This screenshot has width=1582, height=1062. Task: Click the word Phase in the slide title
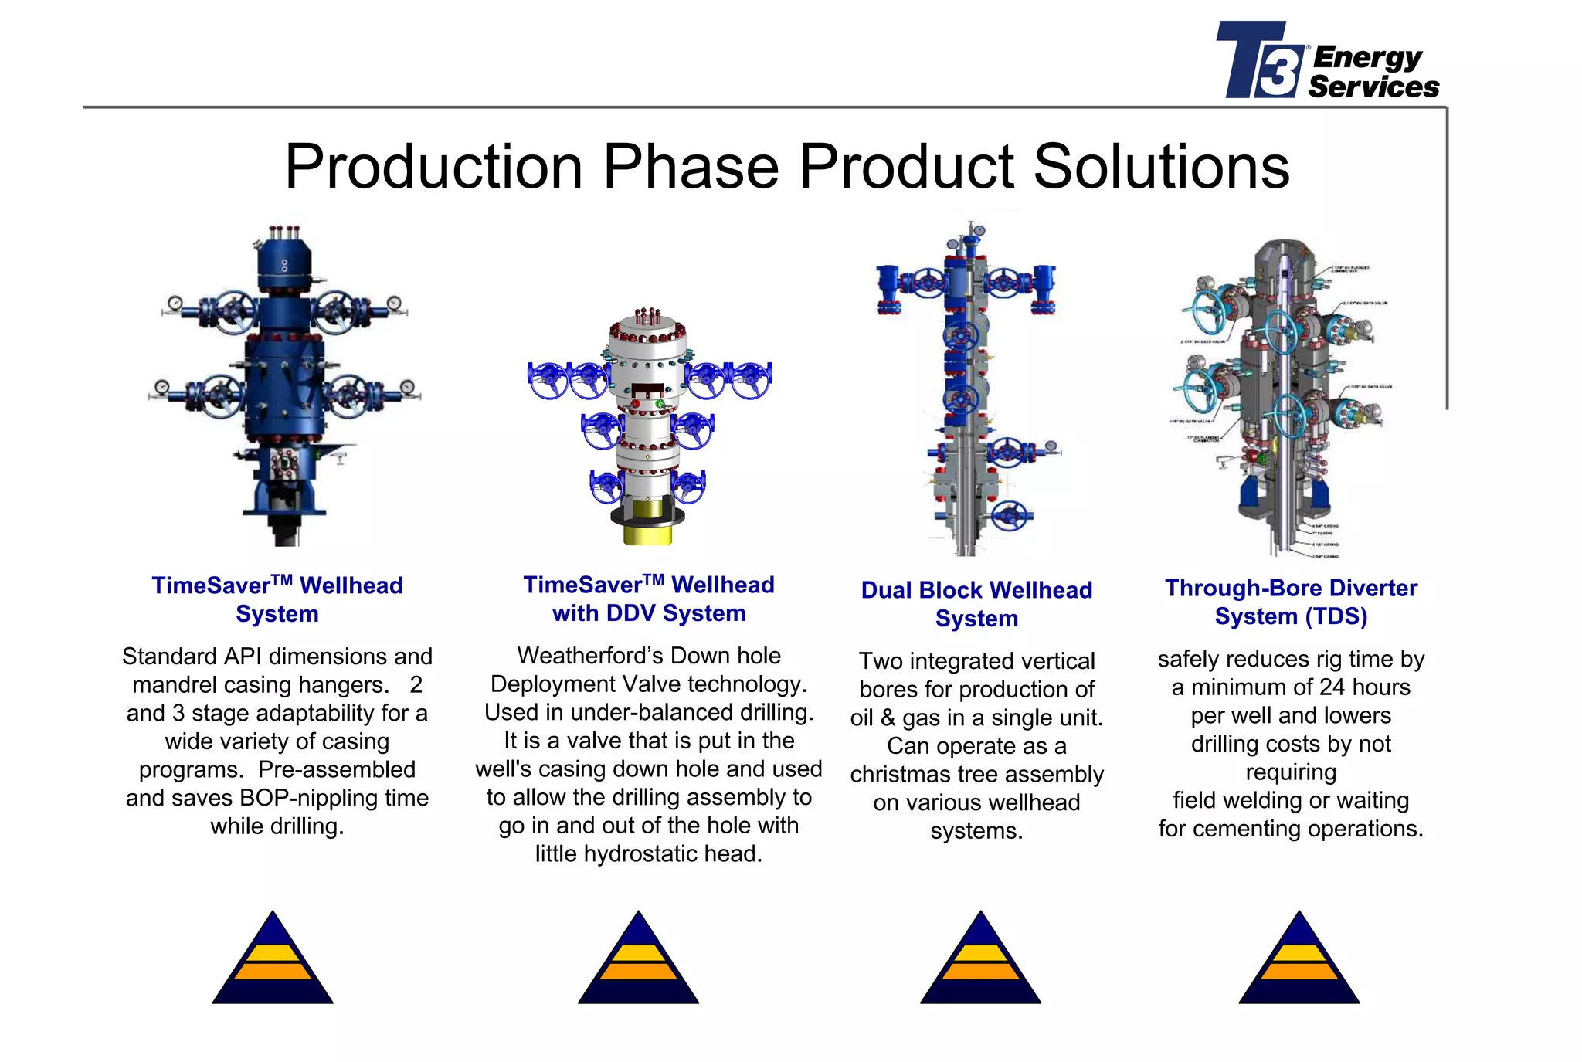691,166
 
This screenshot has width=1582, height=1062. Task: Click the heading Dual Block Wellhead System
976,604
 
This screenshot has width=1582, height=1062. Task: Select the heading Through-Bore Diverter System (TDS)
1291,602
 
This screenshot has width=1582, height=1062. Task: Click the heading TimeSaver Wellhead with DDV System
649,599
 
